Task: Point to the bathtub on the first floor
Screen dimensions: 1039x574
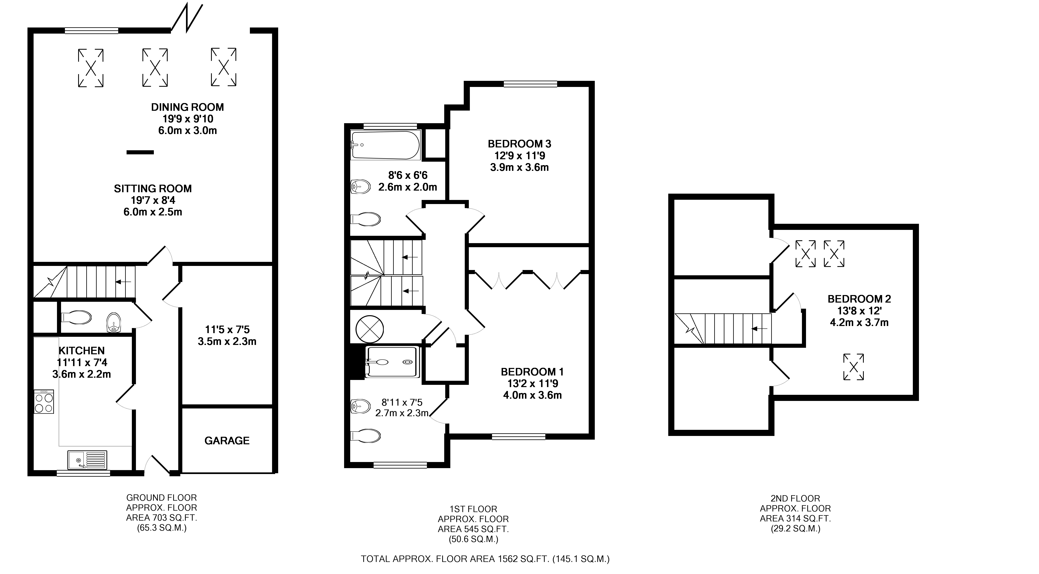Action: click(x=386, y=145)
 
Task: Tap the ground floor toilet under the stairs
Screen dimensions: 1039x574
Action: click(x=76, y=317)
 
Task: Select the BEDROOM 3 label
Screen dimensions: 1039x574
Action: click(x=519, y=144)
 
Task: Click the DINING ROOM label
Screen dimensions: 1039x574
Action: click(x=188, y=107)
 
